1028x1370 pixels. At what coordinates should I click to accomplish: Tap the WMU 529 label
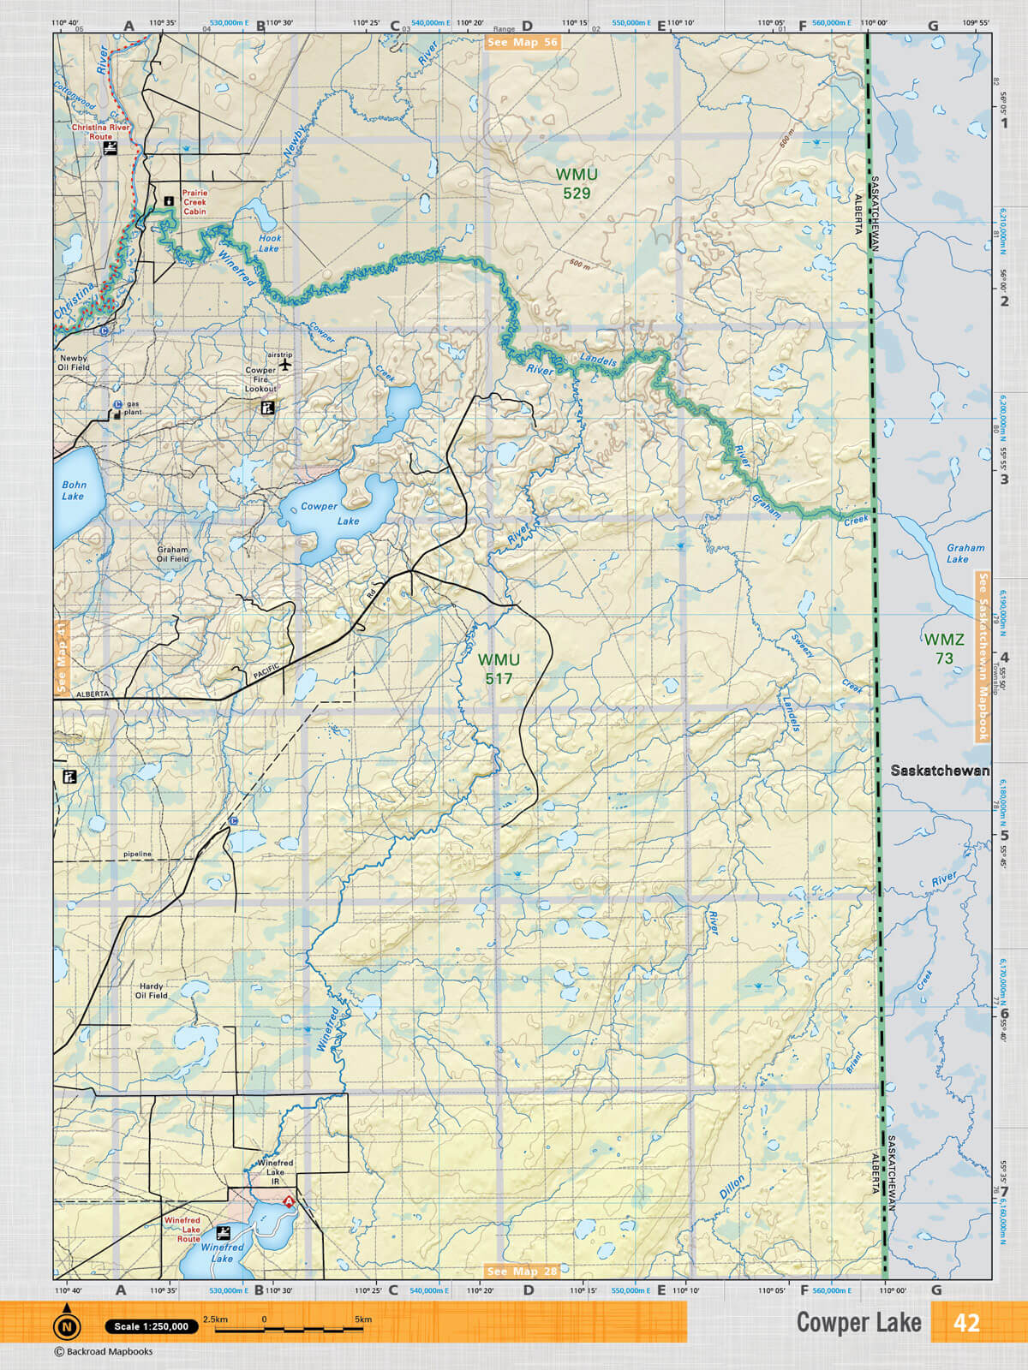click(x=577, y=184)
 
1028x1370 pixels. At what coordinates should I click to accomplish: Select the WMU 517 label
click(x=499, y=669)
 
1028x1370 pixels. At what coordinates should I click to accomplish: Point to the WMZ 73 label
click(x=943, y=648)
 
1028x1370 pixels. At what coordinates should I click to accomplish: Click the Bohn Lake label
click(x=74, y=491)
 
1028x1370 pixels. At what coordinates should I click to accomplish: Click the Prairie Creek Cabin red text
click(x=194, y=202)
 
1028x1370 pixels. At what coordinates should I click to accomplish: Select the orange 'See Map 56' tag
click(x=522, y=42)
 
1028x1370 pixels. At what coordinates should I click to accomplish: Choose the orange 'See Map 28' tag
click(x=522, y=1271)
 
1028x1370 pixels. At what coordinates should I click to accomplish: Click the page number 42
click(x=965, y=1323)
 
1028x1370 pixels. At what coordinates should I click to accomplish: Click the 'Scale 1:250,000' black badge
click(x=152, y=1326)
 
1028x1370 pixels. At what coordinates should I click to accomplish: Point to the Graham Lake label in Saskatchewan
click(x=965, y=553)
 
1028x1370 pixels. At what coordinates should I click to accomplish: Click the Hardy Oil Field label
click(x=152, y=991)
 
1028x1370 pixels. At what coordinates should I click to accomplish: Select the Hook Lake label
click(x=269, y=243)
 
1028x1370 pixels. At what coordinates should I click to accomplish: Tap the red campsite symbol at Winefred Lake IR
click(x=289, y=1201)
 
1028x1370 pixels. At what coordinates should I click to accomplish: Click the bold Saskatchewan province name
click(x=939, y=771)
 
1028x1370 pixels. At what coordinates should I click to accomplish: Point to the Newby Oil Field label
click(x=74, y=363)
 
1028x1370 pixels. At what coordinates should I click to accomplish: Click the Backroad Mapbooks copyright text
click(x=104, y=1352)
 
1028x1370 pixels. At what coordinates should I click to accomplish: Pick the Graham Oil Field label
click(x=172, y=554)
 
